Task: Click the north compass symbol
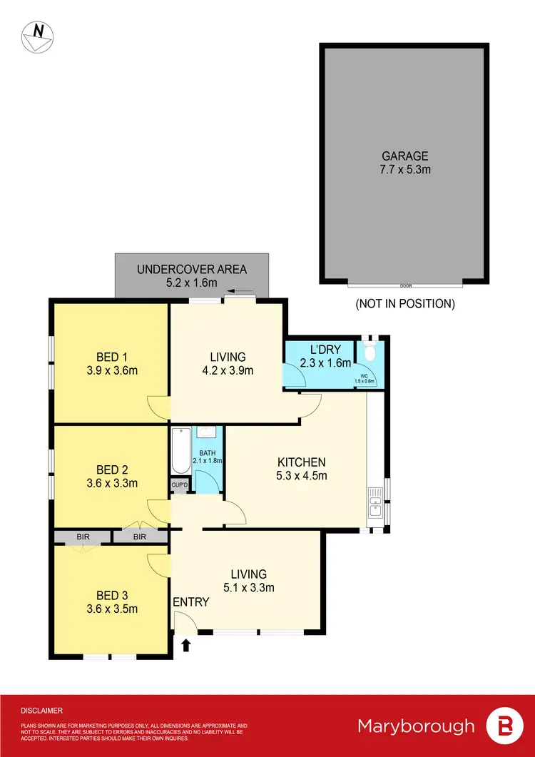coord(35,36)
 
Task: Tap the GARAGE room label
coord(405,156)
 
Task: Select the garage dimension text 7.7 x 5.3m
coord(405,170)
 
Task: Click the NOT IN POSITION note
coord(405,303)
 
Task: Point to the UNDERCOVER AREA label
coord(192,269)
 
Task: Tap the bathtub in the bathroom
coord(180,450)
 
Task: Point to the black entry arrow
coord(186,645)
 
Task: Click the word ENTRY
coord(191,602)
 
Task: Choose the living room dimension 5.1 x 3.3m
coord(248,588)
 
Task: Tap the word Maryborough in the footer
coord(416,726)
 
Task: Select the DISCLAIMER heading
coord(41,711)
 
